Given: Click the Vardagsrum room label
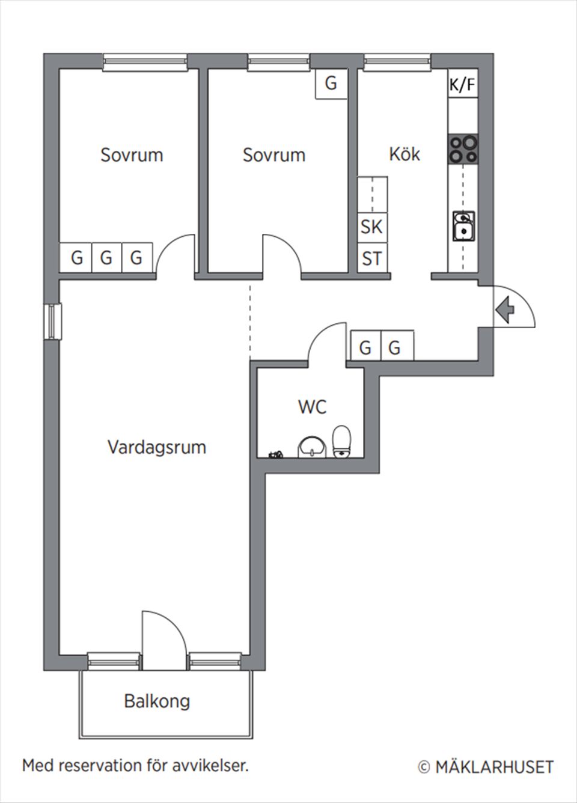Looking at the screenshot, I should coord(157,447).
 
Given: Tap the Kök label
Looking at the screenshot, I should coord(405,154).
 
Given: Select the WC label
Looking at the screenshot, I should coord(312,407).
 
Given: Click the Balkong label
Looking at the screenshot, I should coord(157,701).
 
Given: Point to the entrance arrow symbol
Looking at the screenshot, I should coord(505,310).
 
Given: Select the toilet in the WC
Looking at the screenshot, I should coord(341,442).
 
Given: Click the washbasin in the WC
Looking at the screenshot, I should coord(312,447).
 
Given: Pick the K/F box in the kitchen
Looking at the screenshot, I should coord(462,85).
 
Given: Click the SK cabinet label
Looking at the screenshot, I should coord(372,227).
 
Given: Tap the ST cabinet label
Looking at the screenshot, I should coord(372,258).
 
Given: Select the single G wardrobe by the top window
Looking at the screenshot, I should coord(331,83).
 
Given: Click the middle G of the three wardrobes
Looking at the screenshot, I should coord(106,258).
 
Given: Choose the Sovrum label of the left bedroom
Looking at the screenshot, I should coord(132,154).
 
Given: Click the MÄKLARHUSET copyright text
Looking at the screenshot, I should coord(486,767).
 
